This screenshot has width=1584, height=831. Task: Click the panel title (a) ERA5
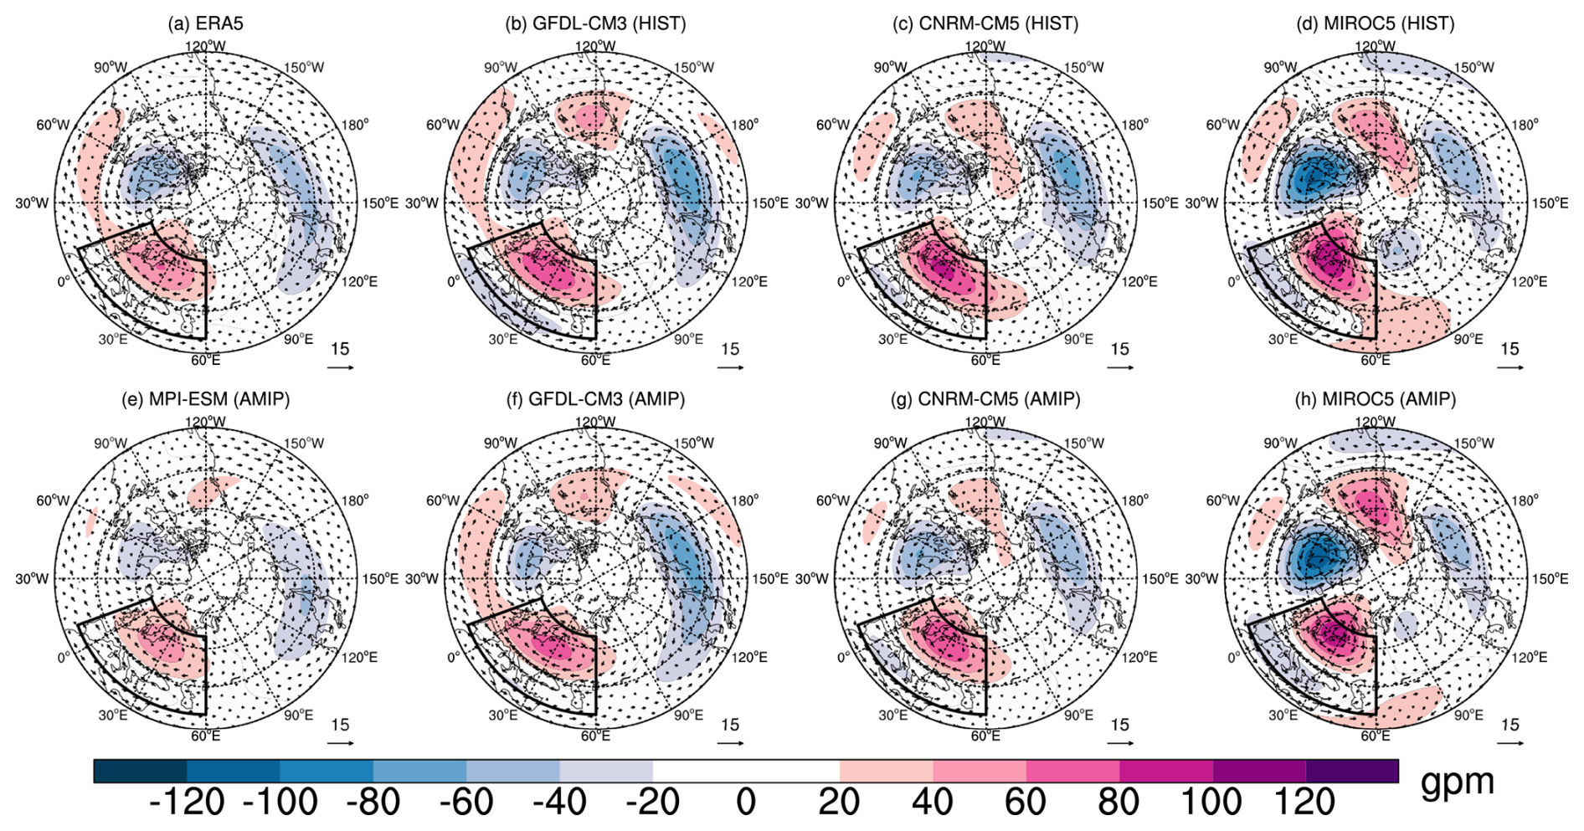pyautogui.click(x=205, y=23)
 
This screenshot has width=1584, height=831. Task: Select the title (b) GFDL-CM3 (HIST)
pyautogui.click(x=595, y=23)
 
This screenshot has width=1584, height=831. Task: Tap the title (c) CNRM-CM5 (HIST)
pyautogui.click(x=985, y=23)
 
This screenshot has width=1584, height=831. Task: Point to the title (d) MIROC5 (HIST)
pyautogui.click(x=1376, y=23)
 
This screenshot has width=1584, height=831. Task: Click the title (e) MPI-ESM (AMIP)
pyautogui.click(x=205, y=399)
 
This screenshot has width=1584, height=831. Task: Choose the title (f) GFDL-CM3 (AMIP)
pyautogui.click(x=595, y=399)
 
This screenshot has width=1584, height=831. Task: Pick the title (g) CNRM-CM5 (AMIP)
pyautogui.click(x=985, y=399)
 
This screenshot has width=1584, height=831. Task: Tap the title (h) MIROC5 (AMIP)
pyautogui.click(x=1376, y=399)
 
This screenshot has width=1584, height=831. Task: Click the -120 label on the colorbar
pyautogui.click(x=186, y=803)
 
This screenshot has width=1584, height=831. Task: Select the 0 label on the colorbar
pyautogui.click(x=746, y=803)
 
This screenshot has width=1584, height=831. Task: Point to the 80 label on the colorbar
pyautogui.click(x=1119, y=803)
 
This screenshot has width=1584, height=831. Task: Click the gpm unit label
pyautogui.click(x=1458, y=781)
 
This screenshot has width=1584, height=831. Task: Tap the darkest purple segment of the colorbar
pyautogui.click(x=1351, y=771)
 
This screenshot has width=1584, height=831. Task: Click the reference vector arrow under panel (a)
pyautogui.click(x=340, y=367)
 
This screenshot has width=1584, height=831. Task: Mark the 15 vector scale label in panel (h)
pyautogui.click(x=1509, y=725)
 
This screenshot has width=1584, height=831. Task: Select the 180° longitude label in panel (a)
pyautogui.click(x=354, y=125)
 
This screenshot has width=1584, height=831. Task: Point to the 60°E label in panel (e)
pyautogui.click(x=205, y=736)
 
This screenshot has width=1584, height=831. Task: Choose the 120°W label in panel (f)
pyautogui.click(x=595, y=423)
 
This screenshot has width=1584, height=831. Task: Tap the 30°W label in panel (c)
pyautogui.click(x=811, y=203)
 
